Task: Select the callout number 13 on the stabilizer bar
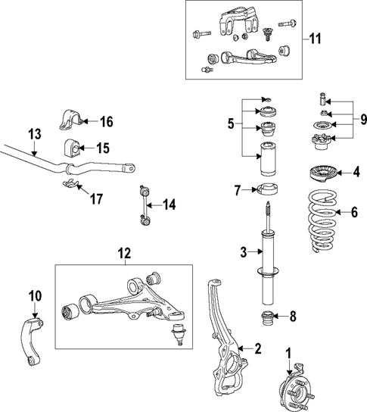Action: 34,135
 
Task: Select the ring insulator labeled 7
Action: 270,190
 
